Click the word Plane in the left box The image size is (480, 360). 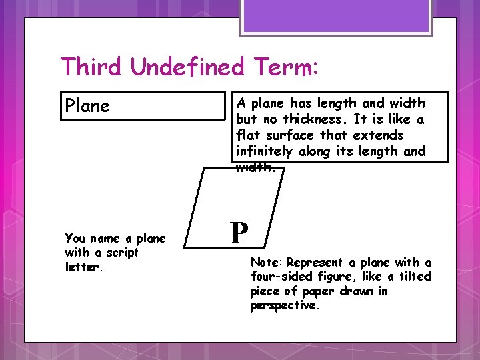click(87, 106)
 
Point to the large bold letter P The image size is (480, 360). click(239, 233)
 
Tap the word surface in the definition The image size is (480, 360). click(286, 135)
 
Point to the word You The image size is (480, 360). click(75, 238)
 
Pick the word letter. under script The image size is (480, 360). click(83, 267)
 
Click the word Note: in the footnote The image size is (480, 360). click(267, 263)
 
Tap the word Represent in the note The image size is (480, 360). click(314, 263)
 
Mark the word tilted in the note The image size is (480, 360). click(414, 277)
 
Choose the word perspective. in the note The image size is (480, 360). click(285, 305)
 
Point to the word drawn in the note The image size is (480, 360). click(354, 291)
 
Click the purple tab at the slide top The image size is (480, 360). click(337, 15)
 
